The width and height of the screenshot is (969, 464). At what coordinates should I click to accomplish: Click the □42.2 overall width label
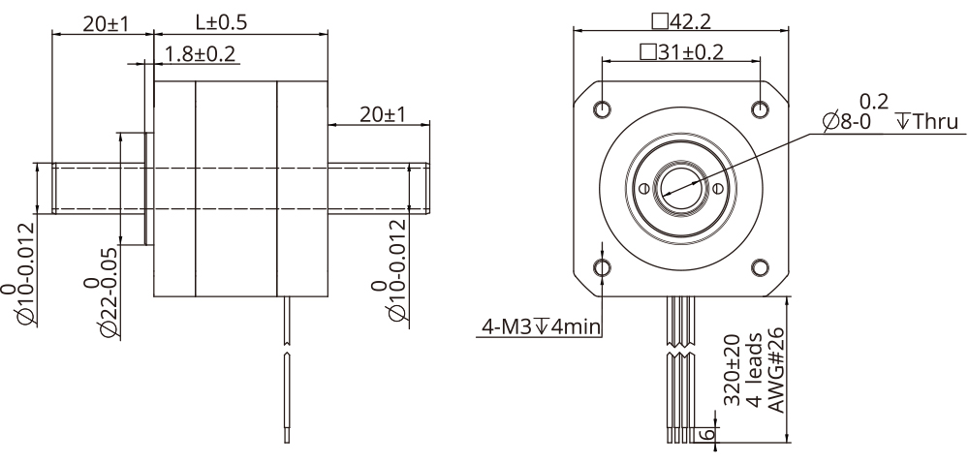tap(682, 20)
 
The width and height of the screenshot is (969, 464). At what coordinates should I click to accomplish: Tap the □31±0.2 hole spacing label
tap(681, 52)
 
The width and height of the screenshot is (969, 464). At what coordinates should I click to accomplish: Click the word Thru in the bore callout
tap(936, 122)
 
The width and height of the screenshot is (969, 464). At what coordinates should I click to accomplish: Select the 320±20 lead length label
tap(734, 370)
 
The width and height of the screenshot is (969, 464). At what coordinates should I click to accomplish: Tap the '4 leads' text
tap(754, 372)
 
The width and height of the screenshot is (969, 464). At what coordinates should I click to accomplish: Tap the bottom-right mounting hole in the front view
tap(761, 265)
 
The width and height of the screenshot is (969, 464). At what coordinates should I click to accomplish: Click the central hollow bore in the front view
tap(681, 186)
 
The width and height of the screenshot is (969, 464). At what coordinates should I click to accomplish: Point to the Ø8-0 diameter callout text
tap(847, 122)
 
